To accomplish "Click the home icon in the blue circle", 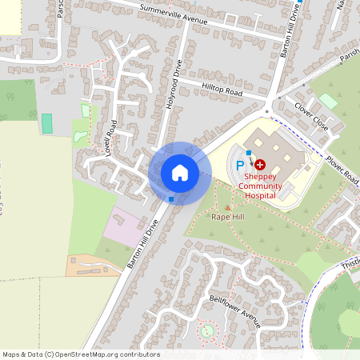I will coord(180,173).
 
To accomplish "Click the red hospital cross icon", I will coord(260,163).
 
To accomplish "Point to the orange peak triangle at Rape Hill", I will coord(227,208).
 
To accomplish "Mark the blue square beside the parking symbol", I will coord(250,152).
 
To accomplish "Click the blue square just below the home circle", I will coord(171,198).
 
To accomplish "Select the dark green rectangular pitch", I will coord(46,123).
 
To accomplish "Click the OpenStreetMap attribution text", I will coord(81,354).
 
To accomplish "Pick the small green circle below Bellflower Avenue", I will coord(207,330).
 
